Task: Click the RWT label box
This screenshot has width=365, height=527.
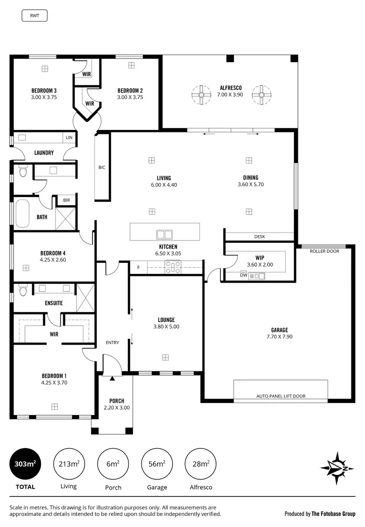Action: point(35,15)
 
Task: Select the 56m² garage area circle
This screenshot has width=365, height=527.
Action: point(156,464)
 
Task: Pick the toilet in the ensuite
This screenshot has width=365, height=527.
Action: point(22,291)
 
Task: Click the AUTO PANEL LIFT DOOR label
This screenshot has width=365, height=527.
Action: point(281,396)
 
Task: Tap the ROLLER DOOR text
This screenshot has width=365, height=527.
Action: point(324,251)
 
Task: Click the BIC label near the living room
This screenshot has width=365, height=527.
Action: point(102,167)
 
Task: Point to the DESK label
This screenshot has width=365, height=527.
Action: point(259,236)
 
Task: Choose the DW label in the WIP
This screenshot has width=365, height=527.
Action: point(244,275)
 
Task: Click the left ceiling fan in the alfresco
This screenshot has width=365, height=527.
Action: point(201,95)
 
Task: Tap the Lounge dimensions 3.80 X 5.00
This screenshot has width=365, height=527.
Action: point(166,327)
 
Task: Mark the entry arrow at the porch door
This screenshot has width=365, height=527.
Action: point(112,378)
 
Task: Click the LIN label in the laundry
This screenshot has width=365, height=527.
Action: point(69,138)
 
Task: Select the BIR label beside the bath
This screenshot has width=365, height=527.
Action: point(66,200)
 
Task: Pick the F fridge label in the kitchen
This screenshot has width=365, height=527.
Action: point(138,267)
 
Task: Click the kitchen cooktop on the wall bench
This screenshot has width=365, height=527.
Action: point(173,267)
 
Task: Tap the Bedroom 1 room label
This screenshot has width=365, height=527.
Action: point(54,376)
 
